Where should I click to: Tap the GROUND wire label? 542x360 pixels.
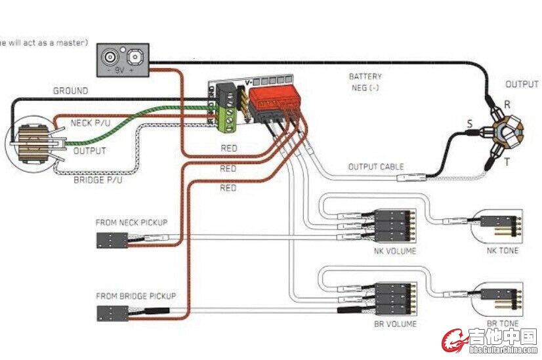tap(70, 91)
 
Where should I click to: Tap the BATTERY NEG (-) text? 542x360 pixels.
tap(365, 82)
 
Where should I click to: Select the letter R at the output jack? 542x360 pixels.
tap(507, 104)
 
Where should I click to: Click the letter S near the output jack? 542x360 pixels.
tap(469, 123)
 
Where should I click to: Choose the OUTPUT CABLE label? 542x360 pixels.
tap(376, 167)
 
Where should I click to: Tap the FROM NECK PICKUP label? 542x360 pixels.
tap(131, 222)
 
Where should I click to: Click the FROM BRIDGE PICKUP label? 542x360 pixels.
tap(136, 296)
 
